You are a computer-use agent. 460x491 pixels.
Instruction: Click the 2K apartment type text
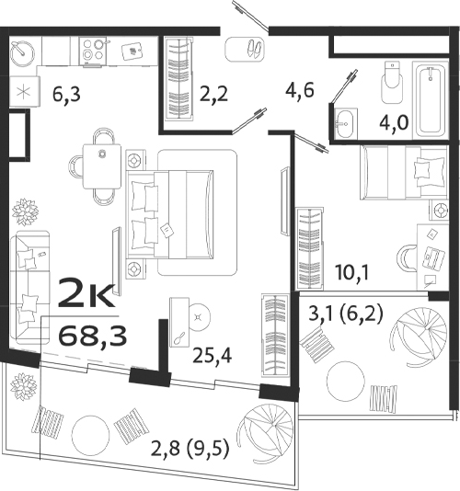click(86, 294)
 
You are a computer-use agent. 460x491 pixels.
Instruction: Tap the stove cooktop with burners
click(93, 53)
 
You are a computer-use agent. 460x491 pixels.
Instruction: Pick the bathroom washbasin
click(346, 122)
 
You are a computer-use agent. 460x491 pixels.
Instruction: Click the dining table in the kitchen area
click(99, 166)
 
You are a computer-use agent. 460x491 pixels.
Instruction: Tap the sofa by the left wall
click(28, 287)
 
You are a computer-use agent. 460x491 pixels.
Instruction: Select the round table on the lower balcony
click(91, 431)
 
